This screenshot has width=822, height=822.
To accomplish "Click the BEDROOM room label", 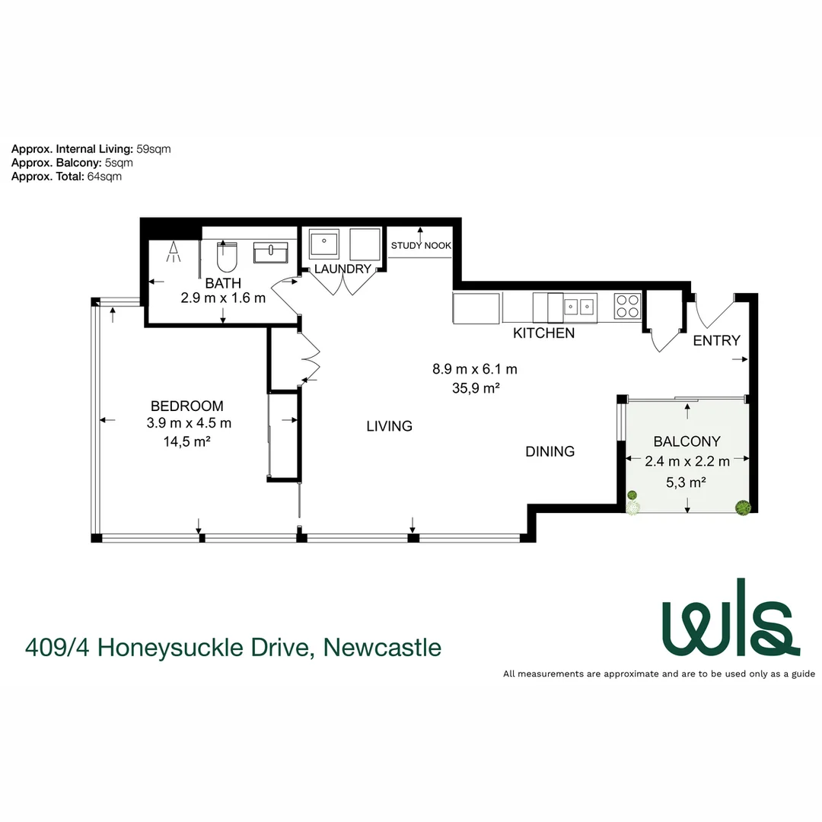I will pos(186,406).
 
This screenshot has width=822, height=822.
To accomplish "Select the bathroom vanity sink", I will pos(270,253).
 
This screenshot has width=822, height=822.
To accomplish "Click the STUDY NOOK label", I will pos(421,246).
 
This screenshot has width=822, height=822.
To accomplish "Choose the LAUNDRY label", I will pos(342,269).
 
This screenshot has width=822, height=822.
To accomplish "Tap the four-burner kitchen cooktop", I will pos(627,305).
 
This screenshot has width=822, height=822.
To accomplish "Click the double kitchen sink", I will pos(578,306).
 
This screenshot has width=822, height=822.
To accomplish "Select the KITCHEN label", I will pos(543,333).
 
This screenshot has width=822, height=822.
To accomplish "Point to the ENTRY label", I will pos(716,340).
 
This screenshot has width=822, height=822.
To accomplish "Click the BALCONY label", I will pos(687,441).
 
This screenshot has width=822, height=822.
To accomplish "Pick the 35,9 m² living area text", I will pos(475,388).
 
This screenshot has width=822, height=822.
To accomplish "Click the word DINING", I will pos(550,451).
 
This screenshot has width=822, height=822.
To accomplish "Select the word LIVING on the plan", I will pos(389,426).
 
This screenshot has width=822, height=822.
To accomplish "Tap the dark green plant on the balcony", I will pos(741,508).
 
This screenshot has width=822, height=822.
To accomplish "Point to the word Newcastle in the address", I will pos(382,648).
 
